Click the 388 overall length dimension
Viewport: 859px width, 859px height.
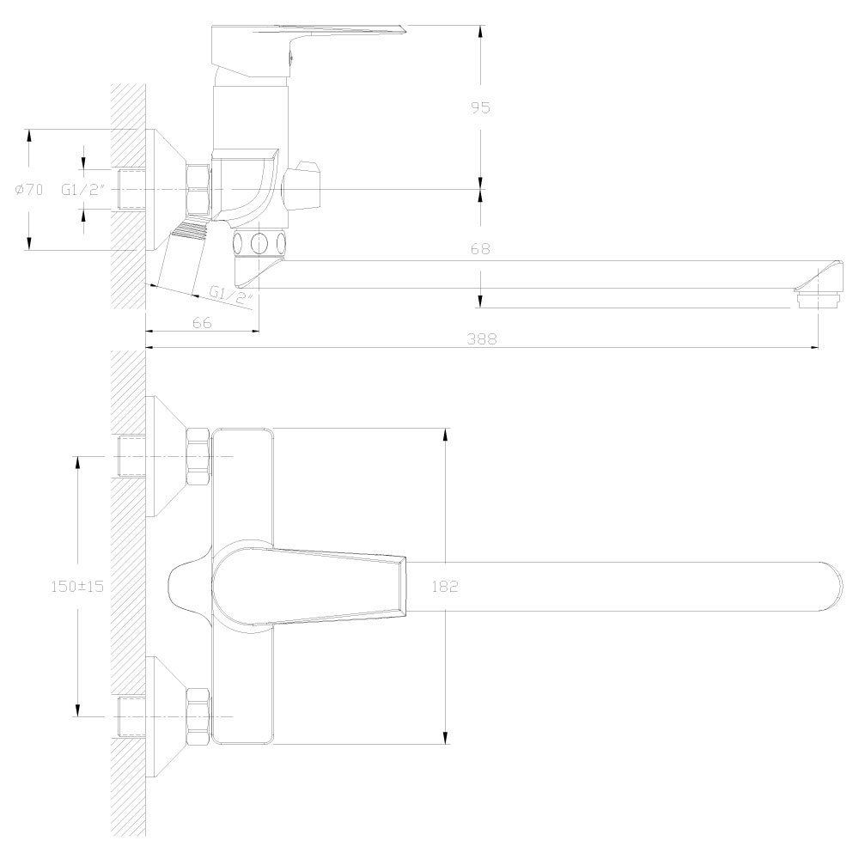pos(483,339)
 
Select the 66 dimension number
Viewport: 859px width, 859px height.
pos(202,322)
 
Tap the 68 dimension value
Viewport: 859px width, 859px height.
pos(480,249)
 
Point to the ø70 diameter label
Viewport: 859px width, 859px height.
pos(29,190)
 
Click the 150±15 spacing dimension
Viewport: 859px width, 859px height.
pos(78,586)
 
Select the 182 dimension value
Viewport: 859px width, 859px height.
pos(446,587)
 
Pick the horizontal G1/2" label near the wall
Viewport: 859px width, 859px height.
pos(83,190)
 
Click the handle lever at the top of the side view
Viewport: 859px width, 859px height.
pos(309,34)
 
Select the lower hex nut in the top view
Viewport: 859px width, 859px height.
pos(198,716)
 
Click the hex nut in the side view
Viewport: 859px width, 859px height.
pos(198,189)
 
